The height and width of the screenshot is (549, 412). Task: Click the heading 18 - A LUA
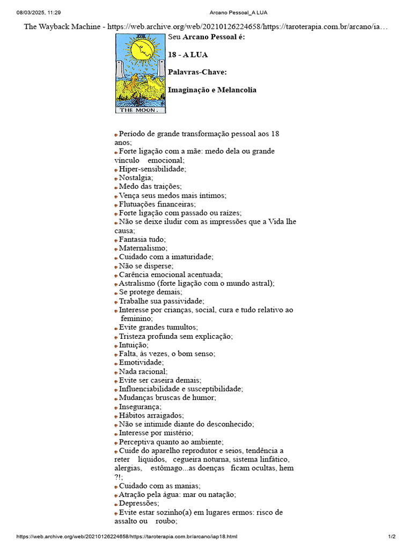(188, 55)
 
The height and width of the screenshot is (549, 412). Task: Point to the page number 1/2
(392, 537)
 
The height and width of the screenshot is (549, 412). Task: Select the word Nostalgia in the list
(135, 177)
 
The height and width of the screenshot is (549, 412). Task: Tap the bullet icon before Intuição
(116, 346)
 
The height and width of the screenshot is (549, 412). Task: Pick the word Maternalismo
(142, 248)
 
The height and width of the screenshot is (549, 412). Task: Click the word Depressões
(138, 503)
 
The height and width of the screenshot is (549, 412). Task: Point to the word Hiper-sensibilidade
(152, 169)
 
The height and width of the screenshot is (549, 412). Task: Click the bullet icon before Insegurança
(116, 407)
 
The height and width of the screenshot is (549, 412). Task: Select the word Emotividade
(141, 362)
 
